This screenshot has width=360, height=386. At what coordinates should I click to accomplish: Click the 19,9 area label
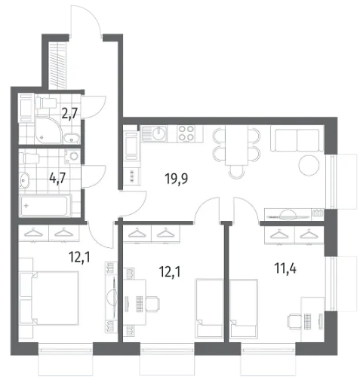point(176,179)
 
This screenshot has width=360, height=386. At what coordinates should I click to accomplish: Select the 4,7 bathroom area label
point(57,179)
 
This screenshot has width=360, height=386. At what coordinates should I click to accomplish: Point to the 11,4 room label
point(285,268)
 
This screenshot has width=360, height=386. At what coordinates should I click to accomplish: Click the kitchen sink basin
point(159,133)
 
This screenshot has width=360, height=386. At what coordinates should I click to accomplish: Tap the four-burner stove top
point(186,133)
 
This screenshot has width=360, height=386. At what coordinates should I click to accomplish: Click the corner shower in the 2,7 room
point(48,130)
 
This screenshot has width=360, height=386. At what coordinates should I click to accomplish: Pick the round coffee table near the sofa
point(309,165)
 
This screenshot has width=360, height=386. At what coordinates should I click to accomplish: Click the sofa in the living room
point(297,138)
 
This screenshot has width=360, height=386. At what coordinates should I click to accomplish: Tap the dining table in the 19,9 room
point(236,146)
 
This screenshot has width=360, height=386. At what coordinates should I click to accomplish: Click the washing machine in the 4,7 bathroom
point(72,157)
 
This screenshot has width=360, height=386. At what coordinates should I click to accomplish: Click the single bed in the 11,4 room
point(244,308)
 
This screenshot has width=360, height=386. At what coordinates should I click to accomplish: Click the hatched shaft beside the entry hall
point(58,65)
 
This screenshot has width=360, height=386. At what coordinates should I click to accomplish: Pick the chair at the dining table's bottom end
point(236,172)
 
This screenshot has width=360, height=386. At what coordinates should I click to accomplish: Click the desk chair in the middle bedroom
point(152,304)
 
